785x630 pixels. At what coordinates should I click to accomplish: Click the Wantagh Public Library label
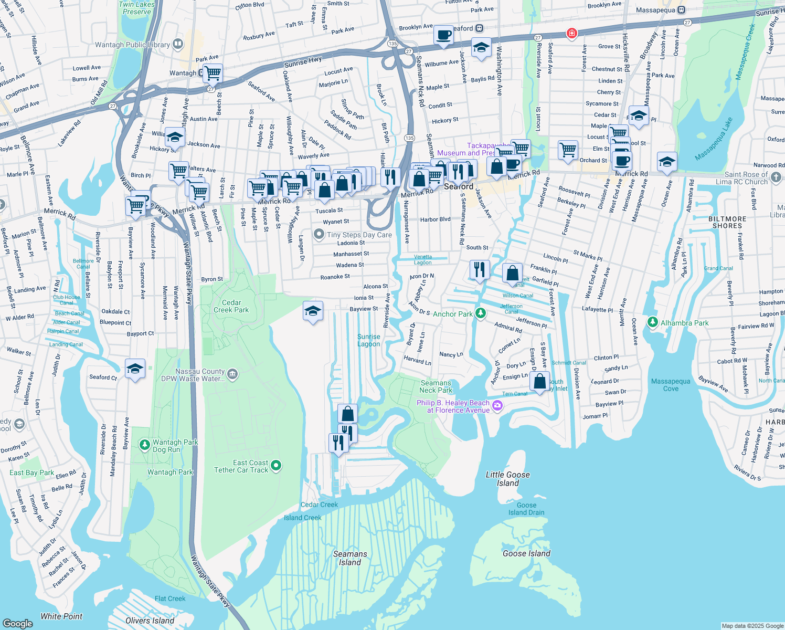[132, 45]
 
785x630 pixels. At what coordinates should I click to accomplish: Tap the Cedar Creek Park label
[231, 307]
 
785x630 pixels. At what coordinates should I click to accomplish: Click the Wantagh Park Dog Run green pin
[145, 445]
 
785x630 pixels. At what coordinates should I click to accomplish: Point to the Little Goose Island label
[507, 479]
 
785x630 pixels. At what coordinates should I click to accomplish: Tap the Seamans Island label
[350, 558]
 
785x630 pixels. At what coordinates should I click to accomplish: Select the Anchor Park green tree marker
[480, 313]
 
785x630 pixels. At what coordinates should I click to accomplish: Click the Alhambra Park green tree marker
[652, 322]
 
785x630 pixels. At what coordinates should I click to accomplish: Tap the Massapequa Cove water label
[671, 385]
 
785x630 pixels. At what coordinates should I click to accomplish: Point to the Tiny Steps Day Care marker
[319, 234]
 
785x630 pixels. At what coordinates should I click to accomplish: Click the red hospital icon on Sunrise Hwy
[571, 34]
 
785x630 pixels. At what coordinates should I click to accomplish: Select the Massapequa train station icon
[681, 10]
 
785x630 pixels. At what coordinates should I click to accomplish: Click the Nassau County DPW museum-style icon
[233, 374]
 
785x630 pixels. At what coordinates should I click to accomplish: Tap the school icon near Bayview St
[313, 311]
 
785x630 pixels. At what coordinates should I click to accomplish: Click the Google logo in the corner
[18, 623]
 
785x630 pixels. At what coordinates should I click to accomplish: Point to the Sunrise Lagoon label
[369, 340]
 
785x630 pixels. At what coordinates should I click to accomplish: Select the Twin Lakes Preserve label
[137, 8]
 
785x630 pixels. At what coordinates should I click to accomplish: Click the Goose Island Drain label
[526, 509]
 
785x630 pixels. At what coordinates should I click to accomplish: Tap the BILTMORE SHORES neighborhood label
[727, 222]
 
